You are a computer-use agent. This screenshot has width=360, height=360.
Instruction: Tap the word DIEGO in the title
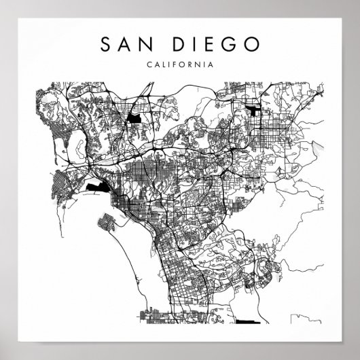(x=217, y=45)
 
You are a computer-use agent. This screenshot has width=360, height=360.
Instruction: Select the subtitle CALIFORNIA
(x=179, y=65)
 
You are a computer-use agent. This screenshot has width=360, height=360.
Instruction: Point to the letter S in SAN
(x=106, y=45)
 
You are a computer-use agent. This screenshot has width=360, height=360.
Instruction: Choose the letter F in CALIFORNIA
(x=175, y=65)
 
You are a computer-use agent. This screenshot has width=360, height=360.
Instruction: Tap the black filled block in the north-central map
(x=133, y=119)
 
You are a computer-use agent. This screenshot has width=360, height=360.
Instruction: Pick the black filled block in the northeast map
(x=254, y=111)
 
